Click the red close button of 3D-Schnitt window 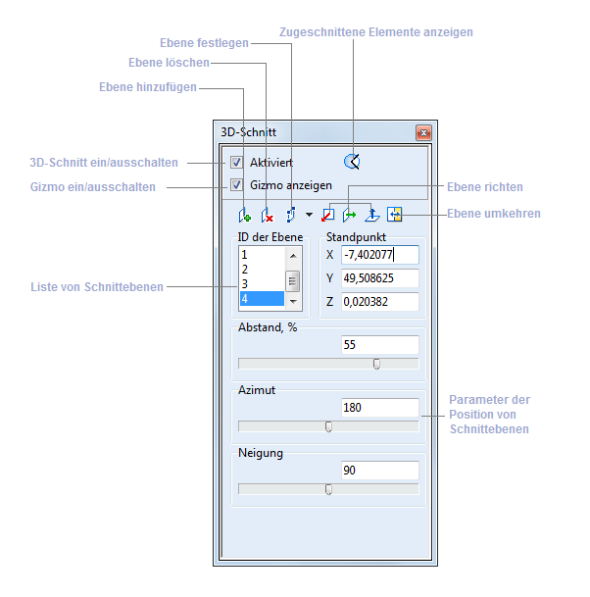pyautogui.click(x=423, y=132)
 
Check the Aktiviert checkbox pyautogui.click(x=236, y=162)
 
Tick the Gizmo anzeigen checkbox pyautogui.click(x=236, y=184)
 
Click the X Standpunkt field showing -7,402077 pyautogui.click(x=380, y=255)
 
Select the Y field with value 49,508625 pyautogui.click(x=380, y=278)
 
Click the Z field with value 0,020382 pyautogui.click(x=380, y=302)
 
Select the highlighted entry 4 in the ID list pyautogui.click(x=261, y=299)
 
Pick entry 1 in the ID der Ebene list pyautogui.click(x=261, y=255)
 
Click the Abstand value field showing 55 pyautogui.click(x=380, y=345)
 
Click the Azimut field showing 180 pyautogui.click(x=380, y=407)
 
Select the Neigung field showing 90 pyautogui.click(x=380, y=471)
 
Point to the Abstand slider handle pyautogui.click(x=376, y=364)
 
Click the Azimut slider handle pyautogui.click(x=328, y=426)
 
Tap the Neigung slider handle pyautogui.click(x=328, y=489)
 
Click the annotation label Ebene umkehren pyautogui.click(x=494, y=214)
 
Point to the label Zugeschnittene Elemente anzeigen pyautogui.click(x=376, y=32)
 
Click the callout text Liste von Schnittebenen pyautogui.click(x=98, y=286)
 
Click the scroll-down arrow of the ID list pyautogui.click(x=291, y=302)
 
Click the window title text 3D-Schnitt pyautogui.click(x=248, y=132)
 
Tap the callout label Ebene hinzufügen pyautogui.click(x=148, y=86)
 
